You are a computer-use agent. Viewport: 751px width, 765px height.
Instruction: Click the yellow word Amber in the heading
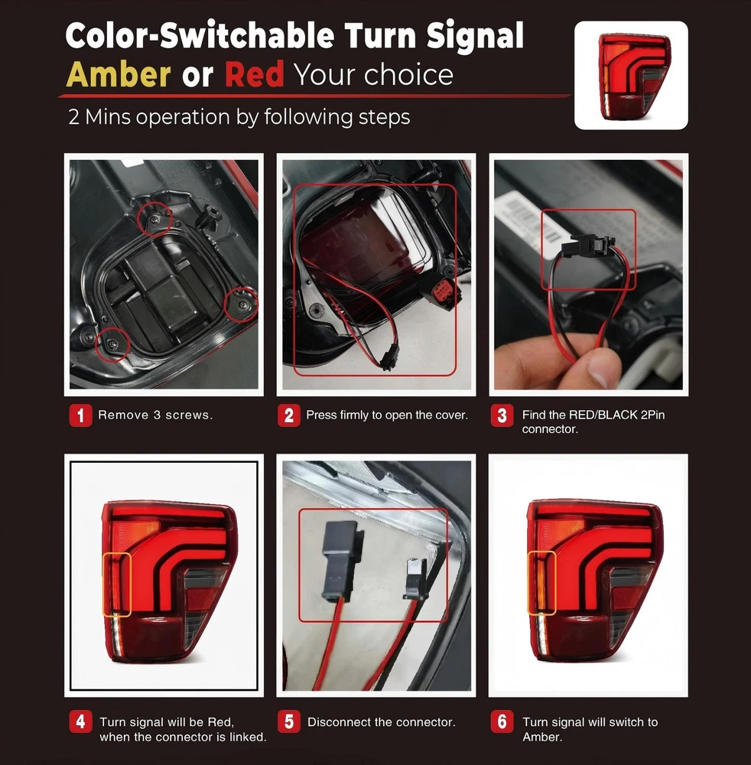(118, 75)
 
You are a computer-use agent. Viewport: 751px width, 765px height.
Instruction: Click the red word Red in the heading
(254, 75)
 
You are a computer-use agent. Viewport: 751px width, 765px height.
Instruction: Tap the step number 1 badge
(80, 415)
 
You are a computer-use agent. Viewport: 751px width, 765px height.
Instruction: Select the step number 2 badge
(288, 415)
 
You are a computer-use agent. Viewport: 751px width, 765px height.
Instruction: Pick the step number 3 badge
(502, 415)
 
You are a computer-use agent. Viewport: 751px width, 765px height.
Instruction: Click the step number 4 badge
(80, 721)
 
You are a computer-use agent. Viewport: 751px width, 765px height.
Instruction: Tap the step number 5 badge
(288, 721)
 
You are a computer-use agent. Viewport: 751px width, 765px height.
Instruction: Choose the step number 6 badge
(502, 721)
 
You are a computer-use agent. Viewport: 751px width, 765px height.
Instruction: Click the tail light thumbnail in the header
(631, 75)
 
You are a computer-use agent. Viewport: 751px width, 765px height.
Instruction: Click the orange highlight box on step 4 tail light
(117, 584)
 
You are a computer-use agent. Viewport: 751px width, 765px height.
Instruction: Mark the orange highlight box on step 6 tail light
(542, 582)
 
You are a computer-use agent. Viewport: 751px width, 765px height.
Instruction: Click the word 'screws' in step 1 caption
(189, 415)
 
